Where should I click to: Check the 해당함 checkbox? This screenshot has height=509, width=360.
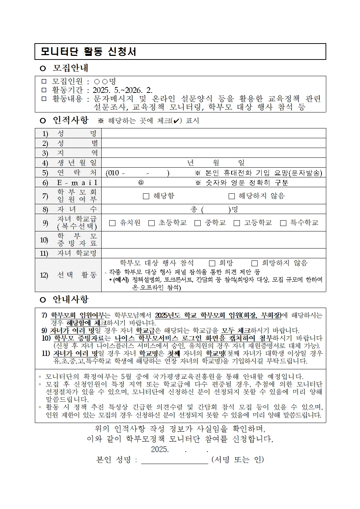(146, 196)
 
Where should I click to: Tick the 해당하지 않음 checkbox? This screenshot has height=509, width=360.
(232, 196)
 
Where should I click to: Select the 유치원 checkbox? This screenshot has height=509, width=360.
(112, 223)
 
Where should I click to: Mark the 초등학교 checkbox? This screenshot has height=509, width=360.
(151, 223)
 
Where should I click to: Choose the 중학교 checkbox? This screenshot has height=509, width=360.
(197, 223)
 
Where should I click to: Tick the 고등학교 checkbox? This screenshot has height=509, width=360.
(237, 223)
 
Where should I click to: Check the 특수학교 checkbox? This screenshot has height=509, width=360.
(283, 223)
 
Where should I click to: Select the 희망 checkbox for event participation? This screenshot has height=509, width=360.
(212, 263)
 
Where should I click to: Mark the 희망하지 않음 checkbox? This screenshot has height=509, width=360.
(254, 263)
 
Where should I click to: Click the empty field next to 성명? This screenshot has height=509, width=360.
(213, 133)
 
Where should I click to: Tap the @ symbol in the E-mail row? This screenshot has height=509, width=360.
(141, 182)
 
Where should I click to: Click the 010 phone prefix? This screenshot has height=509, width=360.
(113, 173)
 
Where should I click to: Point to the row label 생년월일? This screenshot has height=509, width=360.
(77, 163)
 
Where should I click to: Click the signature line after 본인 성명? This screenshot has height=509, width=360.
(174, 460)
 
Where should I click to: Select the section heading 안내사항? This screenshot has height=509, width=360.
(70, 299)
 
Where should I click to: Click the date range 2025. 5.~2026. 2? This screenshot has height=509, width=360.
(123, 90)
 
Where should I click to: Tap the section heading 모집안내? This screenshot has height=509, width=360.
(70, 68)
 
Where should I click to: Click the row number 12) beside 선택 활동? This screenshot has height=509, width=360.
(44, 275)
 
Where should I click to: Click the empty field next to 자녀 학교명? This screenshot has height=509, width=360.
(213, 253)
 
